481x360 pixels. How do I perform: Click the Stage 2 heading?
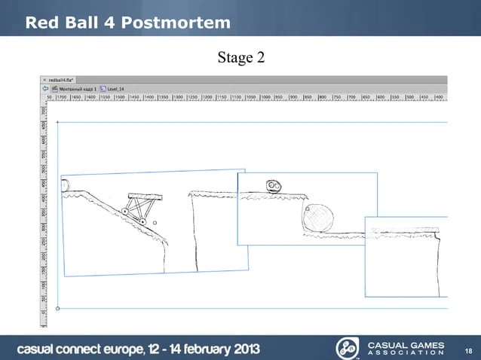coord(240,58)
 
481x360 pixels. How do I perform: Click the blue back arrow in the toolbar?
coord(44,87)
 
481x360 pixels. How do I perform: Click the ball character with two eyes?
coord(273,186)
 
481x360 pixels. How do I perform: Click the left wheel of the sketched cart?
coord(125,212)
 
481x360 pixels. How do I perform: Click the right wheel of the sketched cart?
coord(142,221)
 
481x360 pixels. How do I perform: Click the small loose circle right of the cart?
coord(154,224)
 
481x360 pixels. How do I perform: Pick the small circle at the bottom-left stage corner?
coord(58,308)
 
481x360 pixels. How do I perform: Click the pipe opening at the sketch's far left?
coord(65,185)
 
